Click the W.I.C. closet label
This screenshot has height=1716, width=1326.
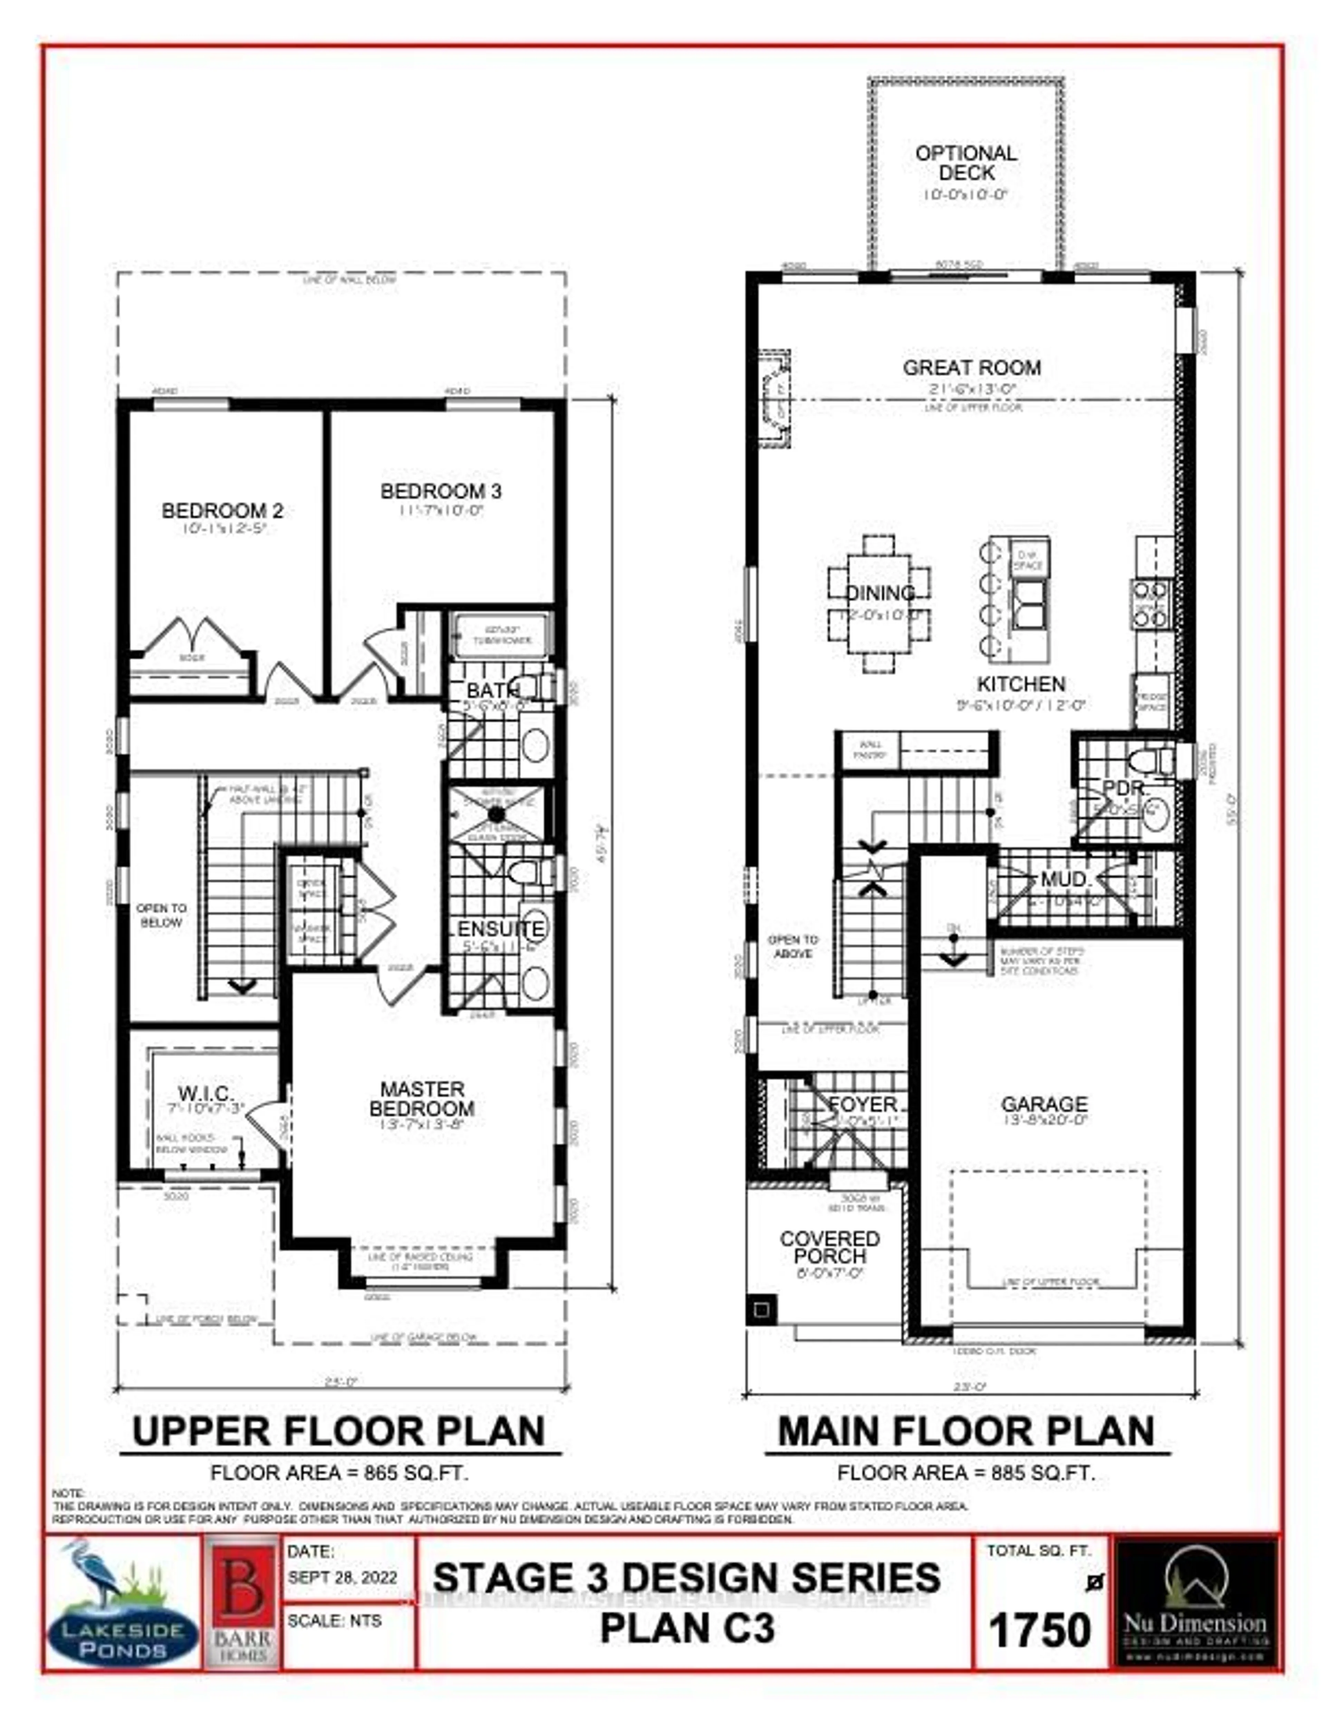[206, 1093]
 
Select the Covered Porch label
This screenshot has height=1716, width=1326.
[829, 1247]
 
